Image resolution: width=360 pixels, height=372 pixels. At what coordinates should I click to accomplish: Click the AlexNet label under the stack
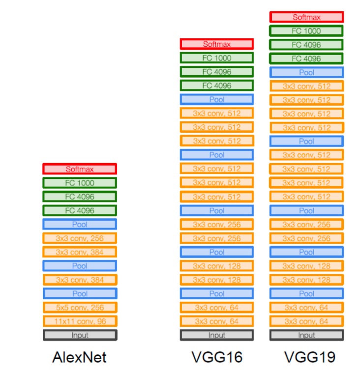79,357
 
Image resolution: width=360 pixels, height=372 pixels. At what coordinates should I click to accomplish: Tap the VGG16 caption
217,357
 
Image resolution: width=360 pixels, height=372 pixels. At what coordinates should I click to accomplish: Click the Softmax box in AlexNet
79,169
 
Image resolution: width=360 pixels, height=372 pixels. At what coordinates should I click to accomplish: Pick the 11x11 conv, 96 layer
79,321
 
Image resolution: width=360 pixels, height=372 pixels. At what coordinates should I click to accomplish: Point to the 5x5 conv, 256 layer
79,308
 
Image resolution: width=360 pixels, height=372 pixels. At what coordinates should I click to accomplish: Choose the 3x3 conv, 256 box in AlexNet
79,238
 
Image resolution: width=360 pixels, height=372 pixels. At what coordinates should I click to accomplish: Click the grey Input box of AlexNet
79,335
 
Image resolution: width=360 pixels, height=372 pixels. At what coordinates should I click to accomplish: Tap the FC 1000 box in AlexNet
79,183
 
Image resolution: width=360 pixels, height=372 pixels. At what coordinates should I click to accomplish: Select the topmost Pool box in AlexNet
79,225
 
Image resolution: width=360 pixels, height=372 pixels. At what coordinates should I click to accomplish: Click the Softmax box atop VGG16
217,44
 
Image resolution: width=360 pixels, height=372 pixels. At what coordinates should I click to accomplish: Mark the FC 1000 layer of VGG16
217,58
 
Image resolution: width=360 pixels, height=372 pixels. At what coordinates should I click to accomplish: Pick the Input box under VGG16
217,335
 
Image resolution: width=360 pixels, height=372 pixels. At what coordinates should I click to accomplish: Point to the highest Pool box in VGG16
217,100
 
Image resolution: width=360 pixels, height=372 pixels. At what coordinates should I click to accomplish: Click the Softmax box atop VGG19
306,17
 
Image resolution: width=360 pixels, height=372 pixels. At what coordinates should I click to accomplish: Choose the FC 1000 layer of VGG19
306,31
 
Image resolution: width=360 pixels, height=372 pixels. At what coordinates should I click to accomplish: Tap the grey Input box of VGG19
306,335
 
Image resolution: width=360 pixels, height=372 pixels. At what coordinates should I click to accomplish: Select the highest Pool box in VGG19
306,72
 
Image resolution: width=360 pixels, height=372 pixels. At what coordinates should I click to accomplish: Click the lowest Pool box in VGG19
306,294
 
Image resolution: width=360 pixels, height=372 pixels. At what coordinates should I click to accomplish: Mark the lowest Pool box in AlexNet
79,294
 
